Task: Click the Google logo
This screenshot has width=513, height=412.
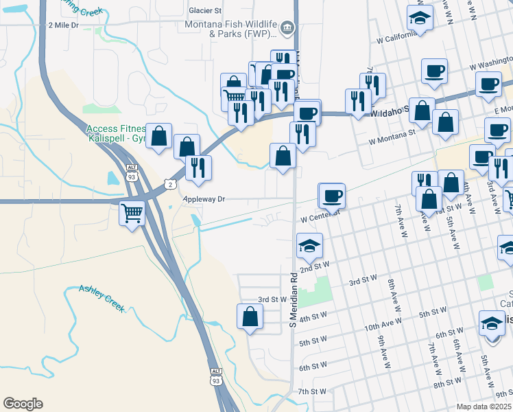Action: (23, 404)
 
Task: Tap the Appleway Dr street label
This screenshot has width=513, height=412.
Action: (204, 199)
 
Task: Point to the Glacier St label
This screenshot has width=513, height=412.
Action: (206, 11)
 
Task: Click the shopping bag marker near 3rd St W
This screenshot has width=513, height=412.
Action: (250, 317)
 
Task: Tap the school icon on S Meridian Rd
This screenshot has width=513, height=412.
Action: (309, 245)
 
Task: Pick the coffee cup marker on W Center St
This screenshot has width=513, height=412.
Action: (333, 196)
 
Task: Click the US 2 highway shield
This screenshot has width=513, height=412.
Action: (171, 184)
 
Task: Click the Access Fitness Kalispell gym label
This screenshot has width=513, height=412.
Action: (117, 133)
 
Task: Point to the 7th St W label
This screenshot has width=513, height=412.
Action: (311, 391)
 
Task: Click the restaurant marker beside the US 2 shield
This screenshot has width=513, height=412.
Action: (198, 168)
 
